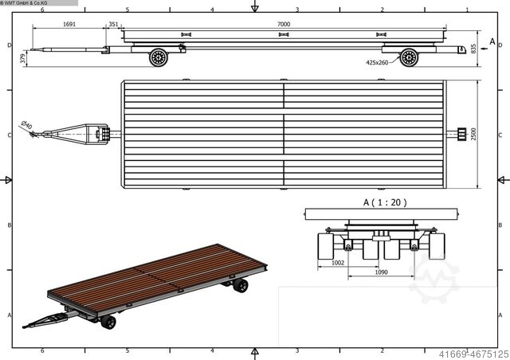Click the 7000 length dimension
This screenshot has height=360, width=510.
click(284, 25)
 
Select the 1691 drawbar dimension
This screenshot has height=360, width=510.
click(69, 25)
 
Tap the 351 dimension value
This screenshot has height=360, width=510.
click(113, 25)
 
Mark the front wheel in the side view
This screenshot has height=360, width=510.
click(159, 57)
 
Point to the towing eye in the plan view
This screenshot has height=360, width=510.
click(33, 135)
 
